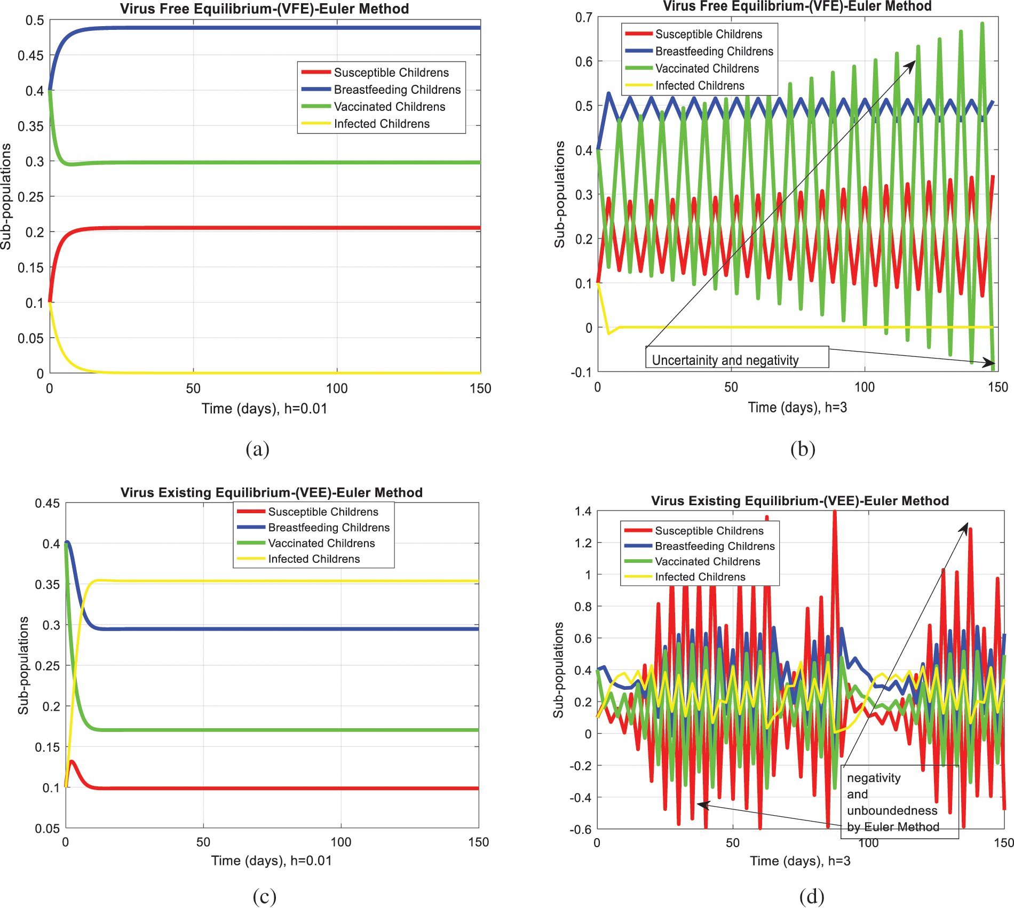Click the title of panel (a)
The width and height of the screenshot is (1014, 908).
(264, 9)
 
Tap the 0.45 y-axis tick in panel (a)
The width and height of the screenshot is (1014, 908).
(31, 55)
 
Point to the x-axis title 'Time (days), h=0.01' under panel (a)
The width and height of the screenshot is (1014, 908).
(264, 409)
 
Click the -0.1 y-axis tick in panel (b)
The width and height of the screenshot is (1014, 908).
(581, 372)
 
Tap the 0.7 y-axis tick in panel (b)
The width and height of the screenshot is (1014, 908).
(583, 18)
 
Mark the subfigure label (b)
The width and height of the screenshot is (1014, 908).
(803, 449)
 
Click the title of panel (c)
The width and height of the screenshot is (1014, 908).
(271, 492)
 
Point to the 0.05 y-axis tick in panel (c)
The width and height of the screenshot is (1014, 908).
(47, 829)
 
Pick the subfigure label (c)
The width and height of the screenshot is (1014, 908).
(264, 896)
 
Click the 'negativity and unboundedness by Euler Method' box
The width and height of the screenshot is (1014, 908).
(900, 802)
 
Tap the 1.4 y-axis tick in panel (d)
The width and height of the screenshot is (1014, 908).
(583, 512)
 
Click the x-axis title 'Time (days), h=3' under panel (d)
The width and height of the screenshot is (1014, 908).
(800, 861)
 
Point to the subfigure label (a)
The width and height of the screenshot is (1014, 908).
(257, 449)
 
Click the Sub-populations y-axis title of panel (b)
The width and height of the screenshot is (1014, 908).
(559, 195)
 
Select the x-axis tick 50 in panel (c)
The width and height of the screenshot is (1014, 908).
(203, 842)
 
